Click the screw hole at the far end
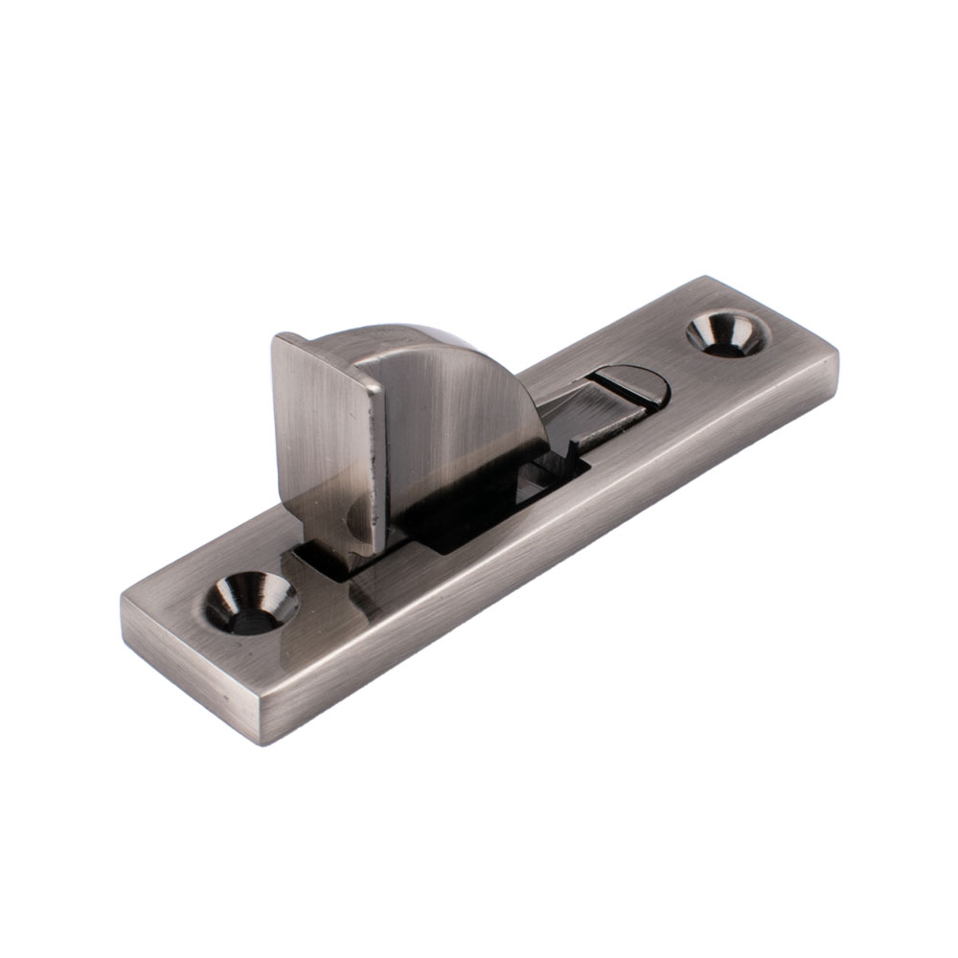click(727, 333)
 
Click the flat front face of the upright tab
click(320, 431)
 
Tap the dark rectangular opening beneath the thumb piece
click(460, 522)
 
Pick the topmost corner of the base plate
click(706, 278)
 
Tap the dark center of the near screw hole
click(251, 618)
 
